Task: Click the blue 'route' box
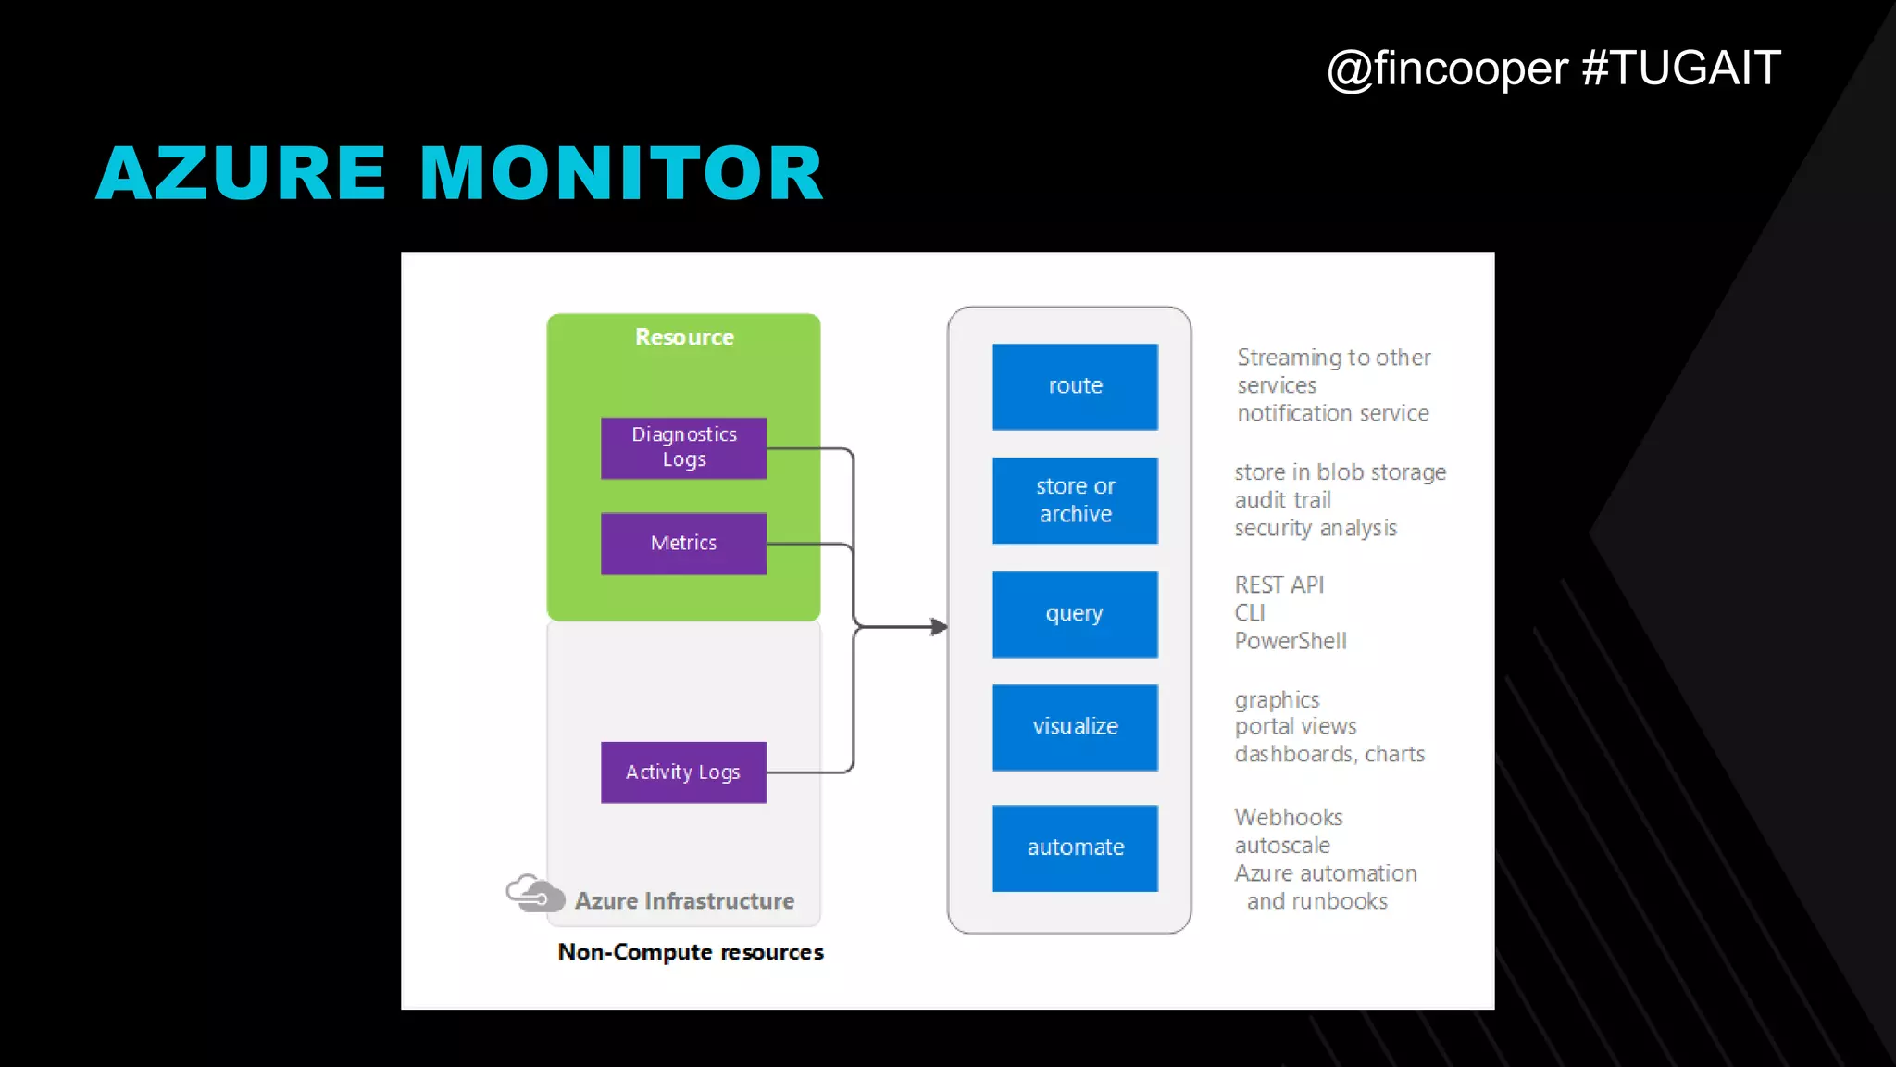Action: (x=1075, y=386)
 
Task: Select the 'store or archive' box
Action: (x=1075, y=500)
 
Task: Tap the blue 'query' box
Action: (x=1075, y=614)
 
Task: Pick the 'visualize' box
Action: (x=1075, y=727)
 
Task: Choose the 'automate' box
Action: (x=1075, y=847)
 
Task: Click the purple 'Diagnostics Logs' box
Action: (x=683, y=447)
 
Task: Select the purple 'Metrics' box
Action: (x=683, y=544)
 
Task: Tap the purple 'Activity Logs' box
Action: (x=683, y=772)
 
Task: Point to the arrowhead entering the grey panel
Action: (x=939, y=627)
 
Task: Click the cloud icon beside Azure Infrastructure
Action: (x=535, y=894)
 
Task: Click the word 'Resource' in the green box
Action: (x=684, y=337)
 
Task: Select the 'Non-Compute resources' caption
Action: (x=691, y=952)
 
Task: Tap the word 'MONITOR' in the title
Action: (x=621, y=173)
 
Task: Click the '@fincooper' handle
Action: (x=1447, y=69)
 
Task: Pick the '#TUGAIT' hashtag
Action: (x=1681, y=69)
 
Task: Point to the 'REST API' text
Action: (x=1279, y=585)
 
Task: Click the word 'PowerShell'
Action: (x=1291, y=641)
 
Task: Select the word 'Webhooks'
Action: (x=1289, y=818)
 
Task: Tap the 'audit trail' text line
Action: (x=1283, y=500)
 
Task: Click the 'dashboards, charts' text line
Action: (x=1329, y=754)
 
